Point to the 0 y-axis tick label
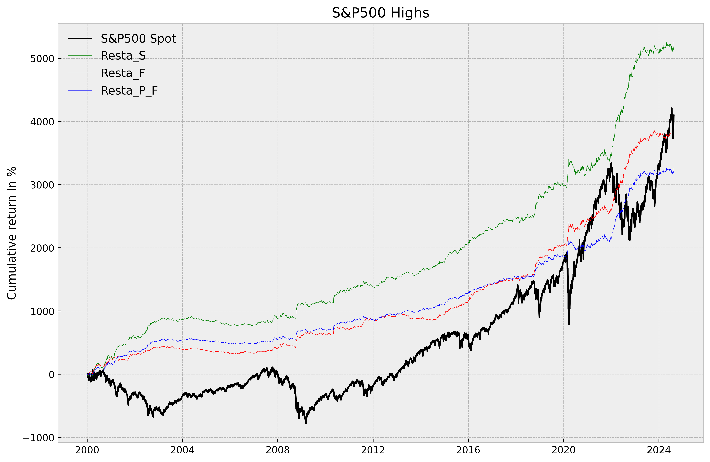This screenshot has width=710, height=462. pos(51,375)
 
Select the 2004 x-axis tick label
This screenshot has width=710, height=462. pos(182,450)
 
